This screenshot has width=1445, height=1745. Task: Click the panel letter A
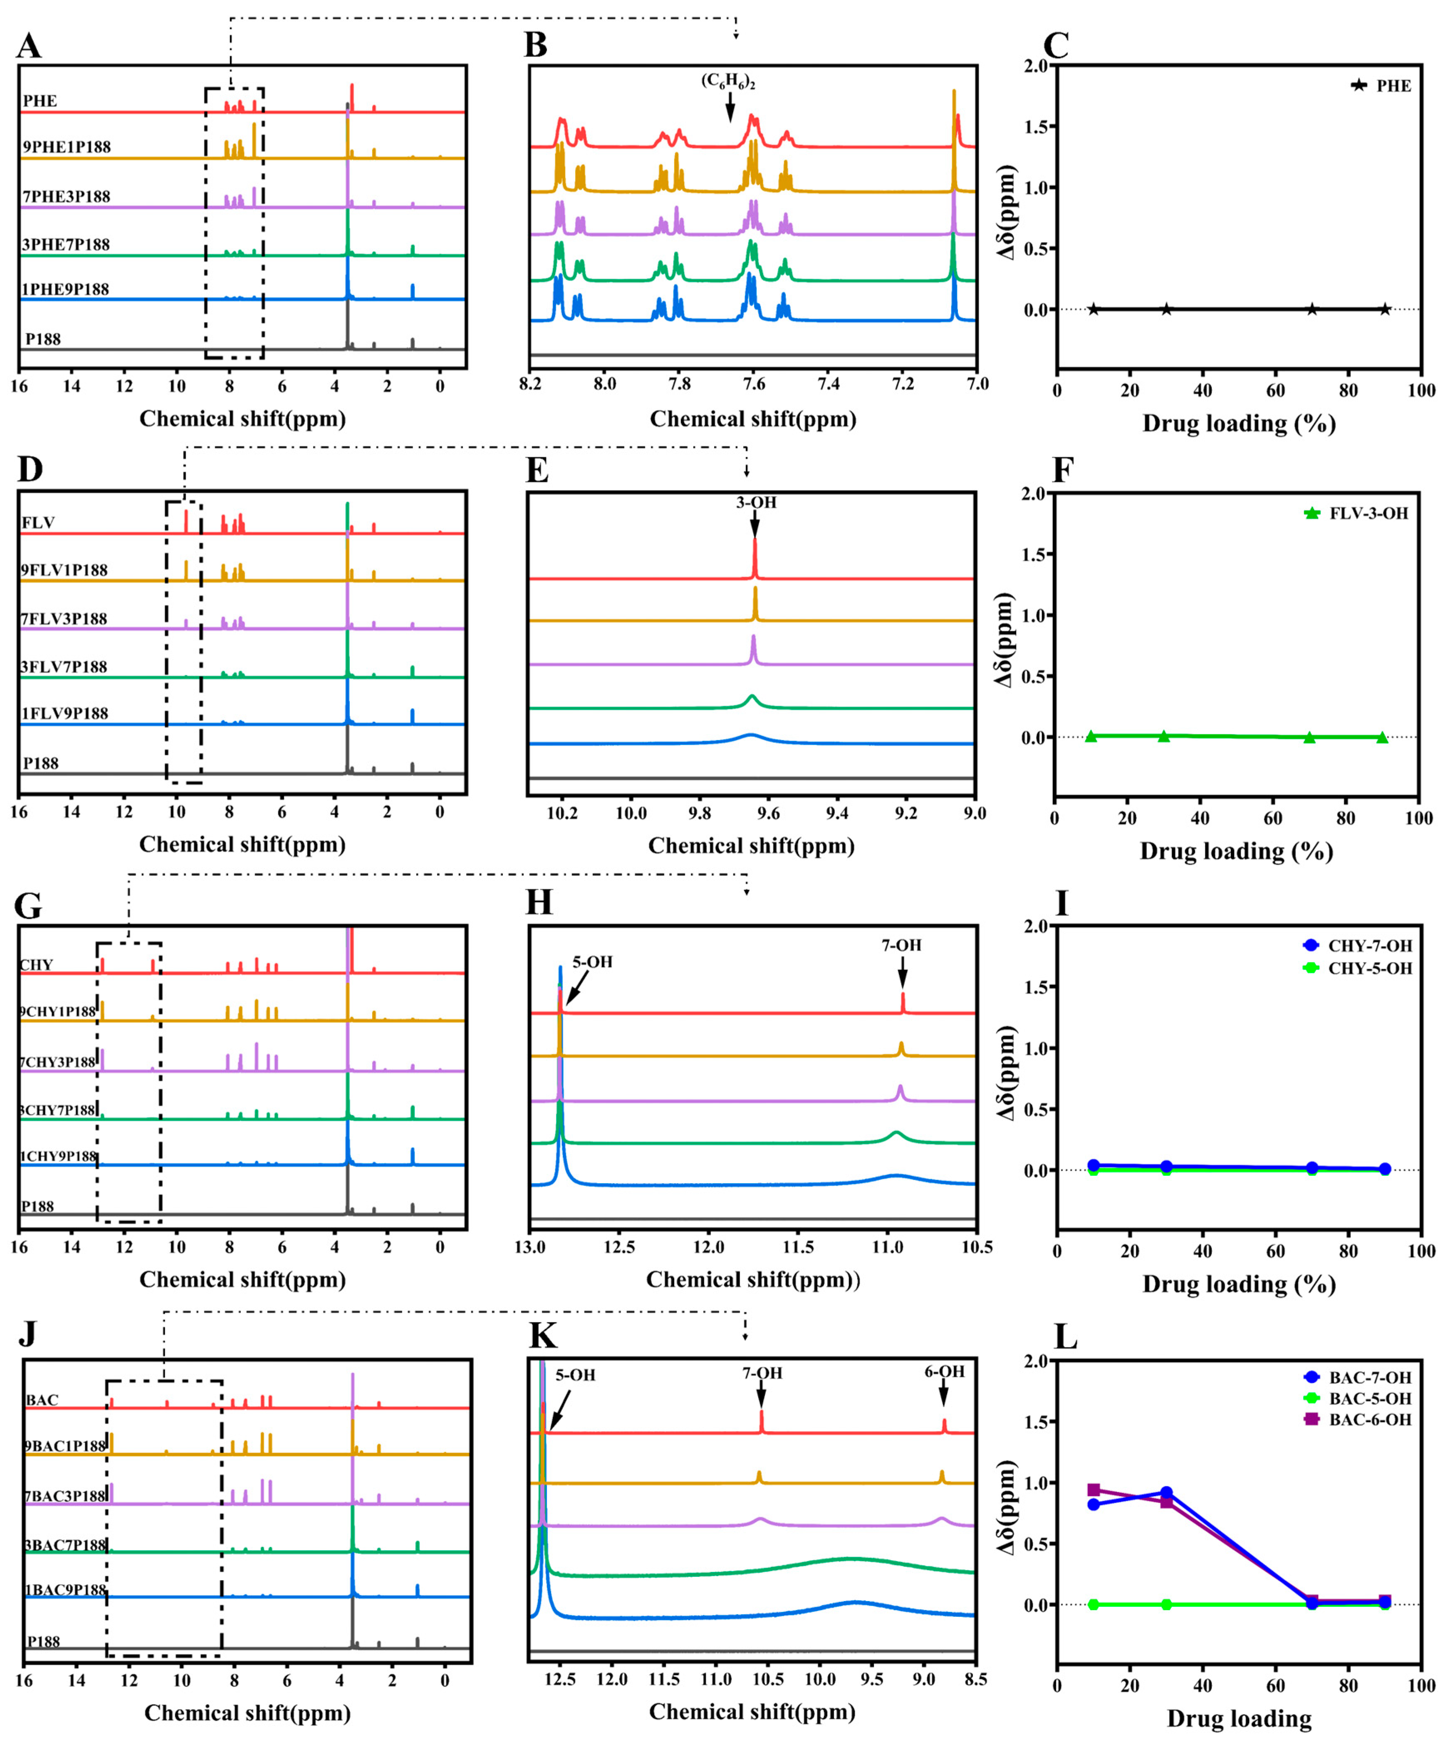[x=29, y=46]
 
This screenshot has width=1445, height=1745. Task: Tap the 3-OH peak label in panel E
[x=755, y=503]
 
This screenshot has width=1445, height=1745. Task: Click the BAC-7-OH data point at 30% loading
[x=1166, y=1492]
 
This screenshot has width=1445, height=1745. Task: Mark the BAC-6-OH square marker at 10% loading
[x=1094, y=1490]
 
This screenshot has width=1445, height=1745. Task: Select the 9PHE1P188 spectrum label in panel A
[x=67, y=147]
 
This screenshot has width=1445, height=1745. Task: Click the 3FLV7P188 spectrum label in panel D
[x=64, y=667]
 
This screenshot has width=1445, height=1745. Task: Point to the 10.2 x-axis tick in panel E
[x=562, y=813]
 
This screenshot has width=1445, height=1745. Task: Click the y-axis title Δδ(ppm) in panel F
[x=1005, y=640]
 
